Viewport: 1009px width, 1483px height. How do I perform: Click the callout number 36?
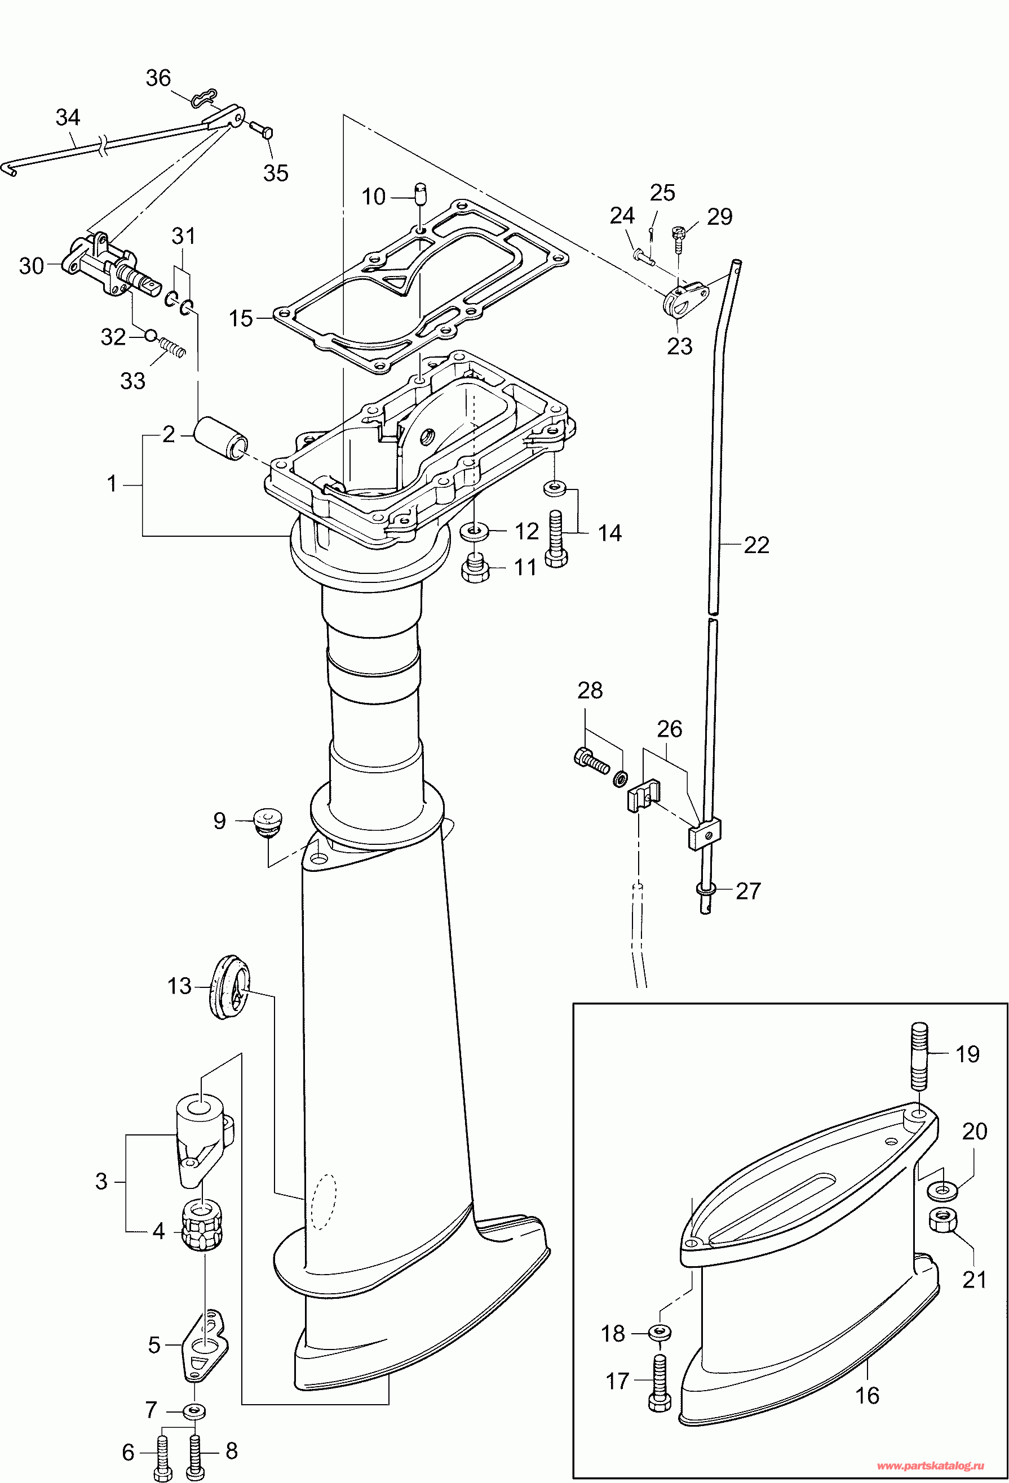point(158,78)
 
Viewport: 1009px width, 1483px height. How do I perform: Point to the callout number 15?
point(241,318)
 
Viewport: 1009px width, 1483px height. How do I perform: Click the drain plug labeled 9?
point(268,821)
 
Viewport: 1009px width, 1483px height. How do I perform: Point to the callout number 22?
point(756,545)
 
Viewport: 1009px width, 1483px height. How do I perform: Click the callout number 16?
point(867,1396)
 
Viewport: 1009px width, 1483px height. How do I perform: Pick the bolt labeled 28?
point(591,759)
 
